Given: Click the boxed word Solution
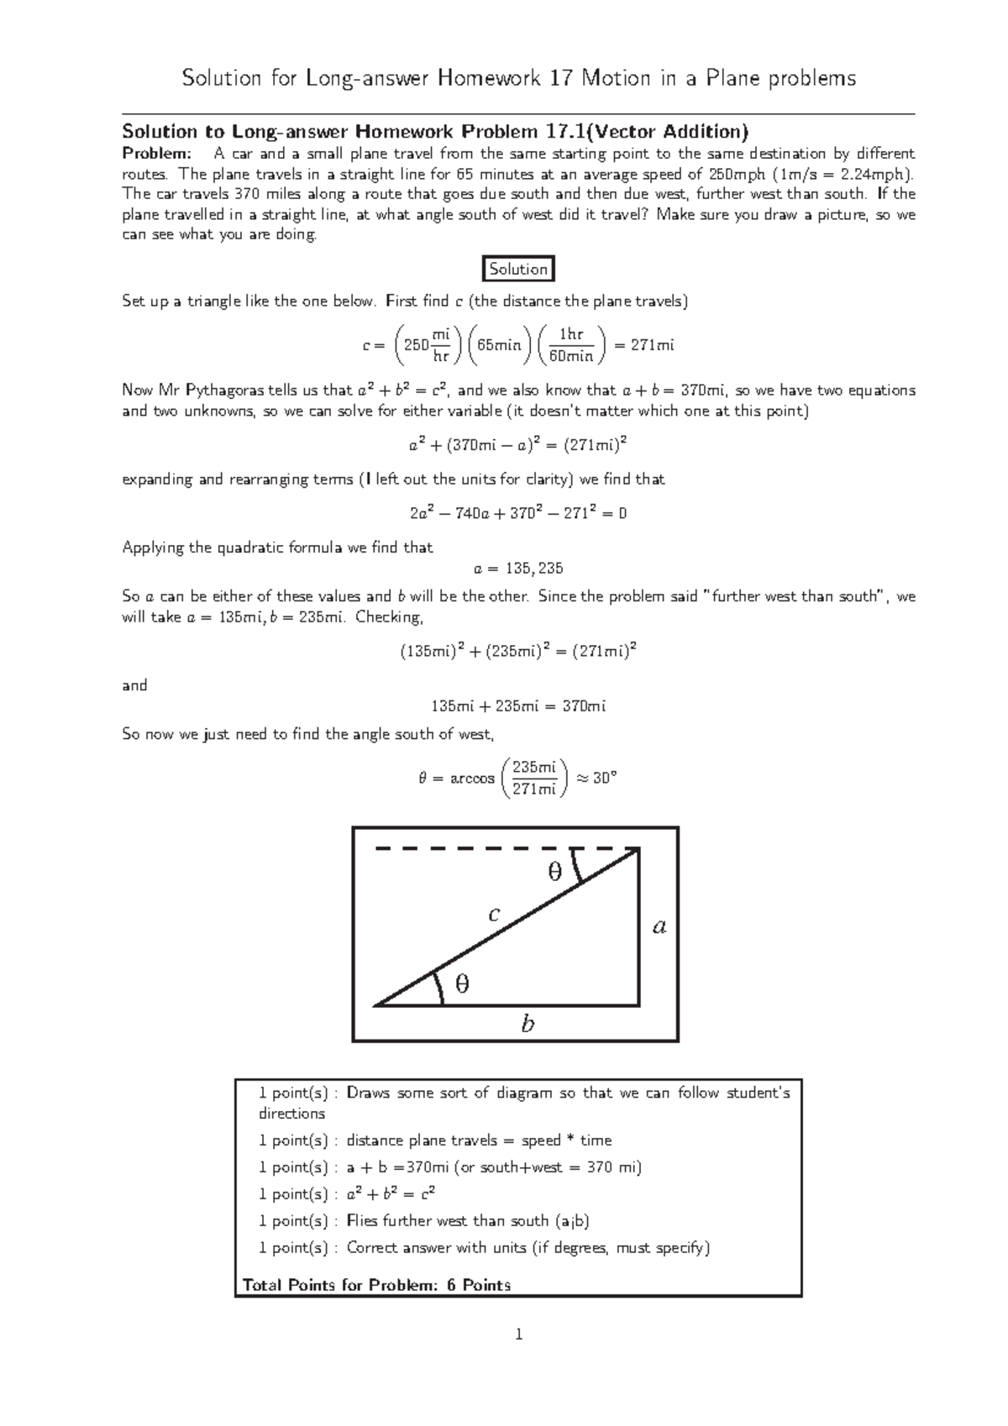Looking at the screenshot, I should coord(518,270).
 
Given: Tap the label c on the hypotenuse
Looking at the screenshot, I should coord(495,915).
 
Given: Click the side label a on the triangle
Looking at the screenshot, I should coord(659,927).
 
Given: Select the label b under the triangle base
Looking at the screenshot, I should coord(528,1024).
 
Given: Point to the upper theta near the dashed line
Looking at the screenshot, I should coord(554,873).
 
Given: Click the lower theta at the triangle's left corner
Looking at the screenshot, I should coord(462,983).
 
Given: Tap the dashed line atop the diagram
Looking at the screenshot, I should coord(504,849).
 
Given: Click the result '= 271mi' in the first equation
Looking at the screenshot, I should coord(644,345).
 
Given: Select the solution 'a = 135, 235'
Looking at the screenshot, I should coord(518,569).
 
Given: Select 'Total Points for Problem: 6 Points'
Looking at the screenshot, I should coord(376,1285).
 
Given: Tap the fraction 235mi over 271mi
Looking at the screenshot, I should coord(534,779).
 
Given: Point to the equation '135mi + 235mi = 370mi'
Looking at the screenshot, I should coord(518,706).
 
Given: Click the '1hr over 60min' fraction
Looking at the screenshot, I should coord(571,345).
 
